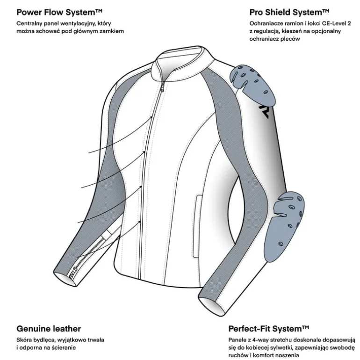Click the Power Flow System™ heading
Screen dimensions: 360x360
coord(59,12)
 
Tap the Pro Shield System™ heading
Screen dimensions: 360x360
coord(289,12)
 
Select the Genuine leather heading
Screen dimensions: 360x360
coord(49,329)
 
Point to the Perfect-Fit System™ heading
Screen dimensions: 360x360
coord(269,329)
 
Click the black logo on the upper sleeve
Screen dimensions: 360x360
coord(264,111)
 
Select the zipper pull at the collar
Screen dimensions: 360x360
coord(163,87)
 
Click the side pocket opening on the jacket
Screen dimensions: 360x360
coord(197,226)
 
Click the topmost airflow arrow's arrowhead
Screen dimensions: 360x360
coord(151,117)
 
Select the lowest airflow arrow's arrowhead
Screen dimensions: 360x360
coord(140,222)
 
